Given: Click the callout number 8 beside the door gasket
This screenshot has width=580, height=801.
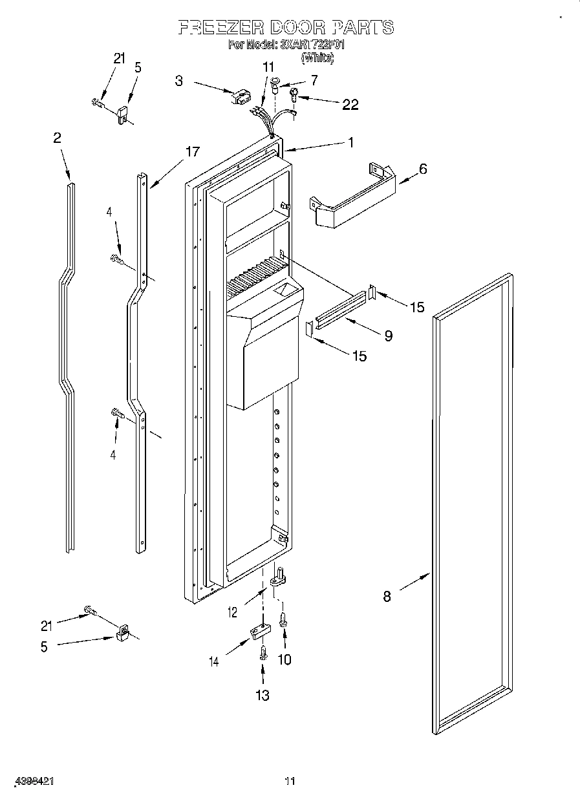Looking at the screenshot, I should point(387,597).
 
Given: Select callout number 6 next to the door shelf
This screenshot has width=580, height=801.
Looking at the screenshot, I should point(423,169).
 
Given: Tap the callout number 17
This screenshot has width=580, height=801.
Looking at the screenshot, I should point(192,152).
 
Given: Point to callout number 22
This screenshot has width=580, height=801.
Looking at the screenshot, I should point(350,105).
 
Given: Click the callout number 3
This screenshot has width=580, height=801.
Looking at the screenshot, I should point(179,81).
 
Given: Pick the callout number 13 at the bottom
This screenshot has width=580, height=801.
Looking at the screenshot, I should point(262,695).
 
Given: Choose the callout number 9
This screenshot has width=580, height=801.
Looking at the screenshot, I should point(388,336).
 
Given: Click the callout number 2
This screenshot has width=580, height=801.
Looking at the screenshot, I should point(58,137).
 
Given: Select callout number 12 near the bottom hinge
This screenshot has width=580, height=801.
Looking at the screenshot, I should point(232,611).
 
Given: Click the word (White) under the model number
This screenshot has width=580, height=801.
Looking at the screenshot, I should point(317,58).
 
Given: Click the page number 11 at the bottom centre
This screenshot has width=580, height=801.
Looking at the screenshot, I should point(290,781).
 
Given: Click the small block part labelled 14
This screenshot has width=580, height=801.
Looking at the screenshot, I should point(258,631).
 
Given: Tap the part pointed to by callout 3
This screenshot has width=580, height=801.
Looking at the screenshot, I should point(239,96).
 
